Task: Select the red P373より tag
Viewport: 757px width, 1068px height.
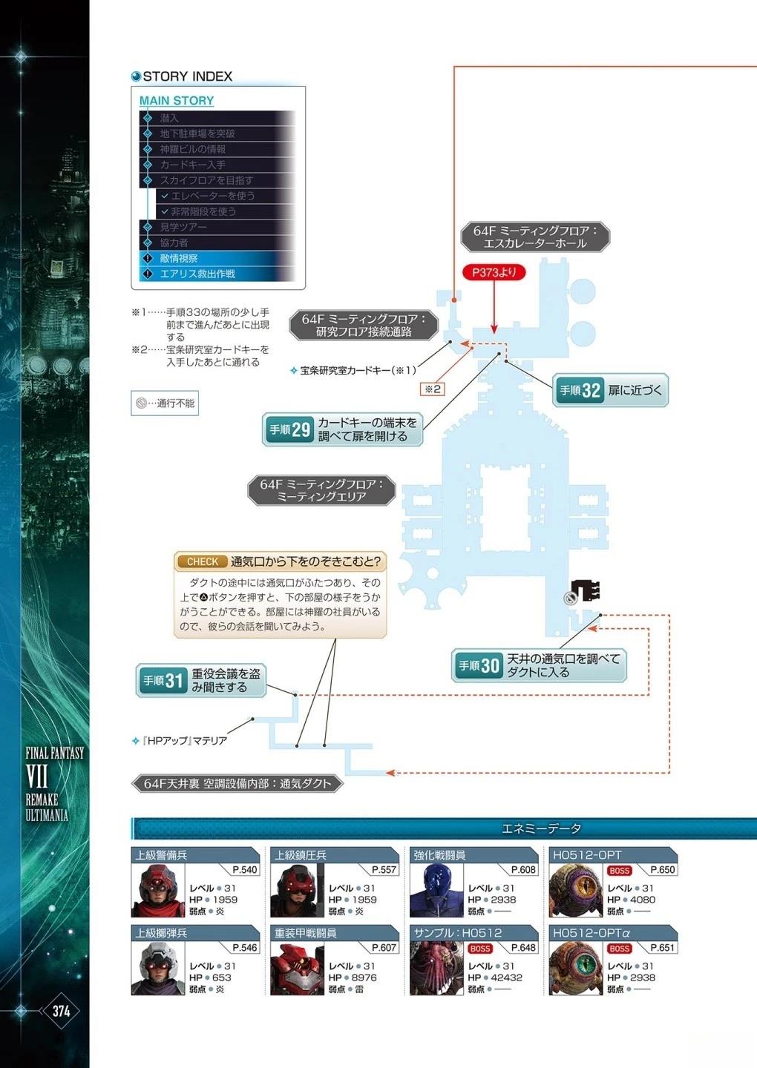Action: (494, 272)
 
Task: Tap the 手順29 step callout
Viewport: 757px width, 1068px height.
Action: (342, 429)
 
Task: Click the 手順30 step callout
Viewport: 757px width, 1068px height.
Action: (539, 665)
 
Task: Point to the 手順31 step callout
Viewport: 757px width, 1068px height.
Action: (201, 680)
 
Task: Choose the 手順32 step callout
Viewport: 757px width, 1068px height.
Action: (611, 390)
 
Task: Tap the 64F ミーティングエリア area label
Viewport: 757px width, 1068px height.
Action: (321, 490)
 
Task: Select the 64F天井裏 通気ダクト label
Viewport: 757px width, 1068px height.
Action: (237, 783)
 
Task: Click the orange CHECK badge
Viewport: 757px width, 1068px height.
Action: (202, 561)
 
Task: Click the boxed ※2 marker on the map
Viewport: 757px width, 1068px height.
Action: (432, 389)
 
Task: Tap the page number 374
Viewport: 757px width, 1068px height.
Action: (61, 1011)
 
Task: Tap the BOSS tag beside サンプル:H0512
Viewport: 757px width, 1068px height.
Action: (480, 948)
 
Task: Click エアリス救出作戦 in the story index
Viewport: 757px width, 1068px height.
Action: (197, 274)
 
